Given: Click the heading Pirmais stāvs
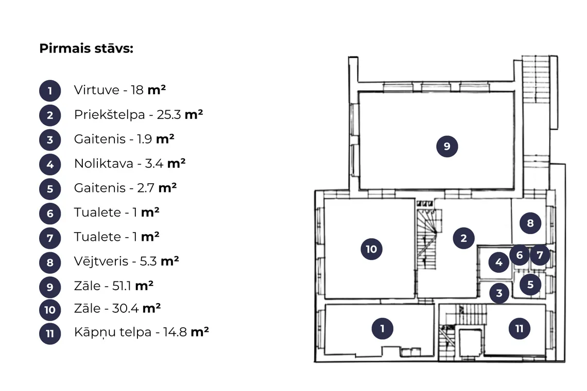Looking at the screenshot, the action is (86, 49).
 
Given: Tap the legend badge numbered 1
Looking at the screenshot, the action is (50, 91).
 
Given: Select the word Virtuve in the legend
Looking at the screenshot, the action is (97, 90).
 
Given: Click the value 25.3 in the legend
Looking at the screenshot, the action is (169, 115).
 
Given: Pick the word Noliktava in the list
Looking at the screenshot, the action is (103, 164).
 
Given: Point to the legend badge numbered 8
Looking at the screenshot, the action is (50, 262).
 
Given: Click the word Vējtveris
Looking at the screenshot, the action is (101, 261).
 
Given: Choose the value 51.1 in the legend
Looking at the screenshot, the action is (122, 286).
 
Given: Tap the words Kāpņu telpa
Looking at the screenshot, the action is (113, 332).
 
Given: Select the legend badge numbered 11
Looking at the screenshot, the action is (50, 333).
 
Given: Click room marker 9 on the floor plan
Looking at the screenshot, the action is (447, 146).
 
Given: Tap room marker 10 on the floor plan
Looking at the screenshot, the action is (371, 249).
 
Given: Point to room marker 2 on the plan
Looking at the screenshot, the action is (463, 238).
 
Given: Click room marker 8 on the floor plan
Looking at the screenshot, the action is (530, 223).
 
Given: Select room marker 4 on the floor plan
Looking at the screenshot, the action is (498, 262).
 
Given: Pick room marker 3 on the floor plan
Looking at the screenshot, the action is (499, 293).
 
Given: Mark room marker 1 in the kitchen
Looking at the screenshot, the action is (382, 329).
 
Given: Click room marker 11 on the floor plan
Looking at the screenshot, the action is (519, 329).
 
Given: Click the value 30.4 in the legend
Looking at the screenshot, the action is (126, 308).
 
